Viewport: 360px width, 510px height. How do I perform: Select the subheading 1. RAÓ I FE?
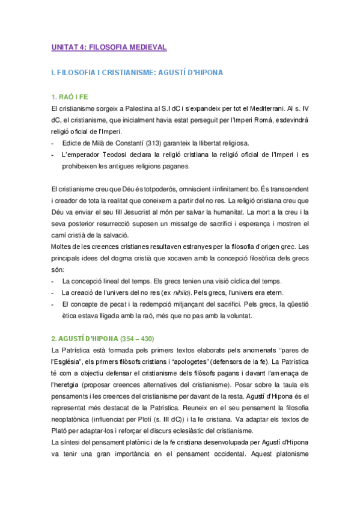pos(70,97)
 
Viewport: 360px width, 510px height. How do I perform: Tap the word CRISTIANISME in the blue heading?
pos(126,73)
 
